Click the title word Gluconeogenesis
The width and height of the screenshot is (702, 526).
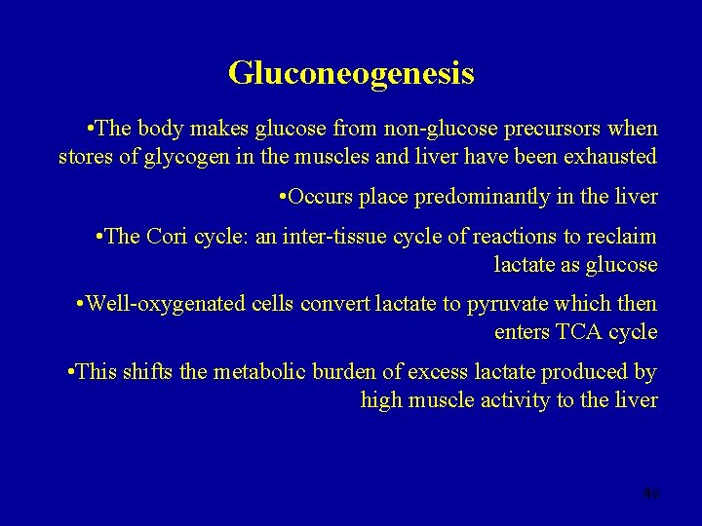[x=351, y=73]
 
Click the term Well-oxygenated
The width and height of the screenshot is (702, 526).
[x=166, y=304]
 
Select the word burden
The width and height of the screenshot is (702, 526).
[x=348, y=372]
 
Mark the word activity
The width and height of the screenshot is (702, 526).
[x=515, y=400]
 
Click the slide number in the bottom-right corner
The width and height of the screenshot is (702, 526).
[x=650, y=494]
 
